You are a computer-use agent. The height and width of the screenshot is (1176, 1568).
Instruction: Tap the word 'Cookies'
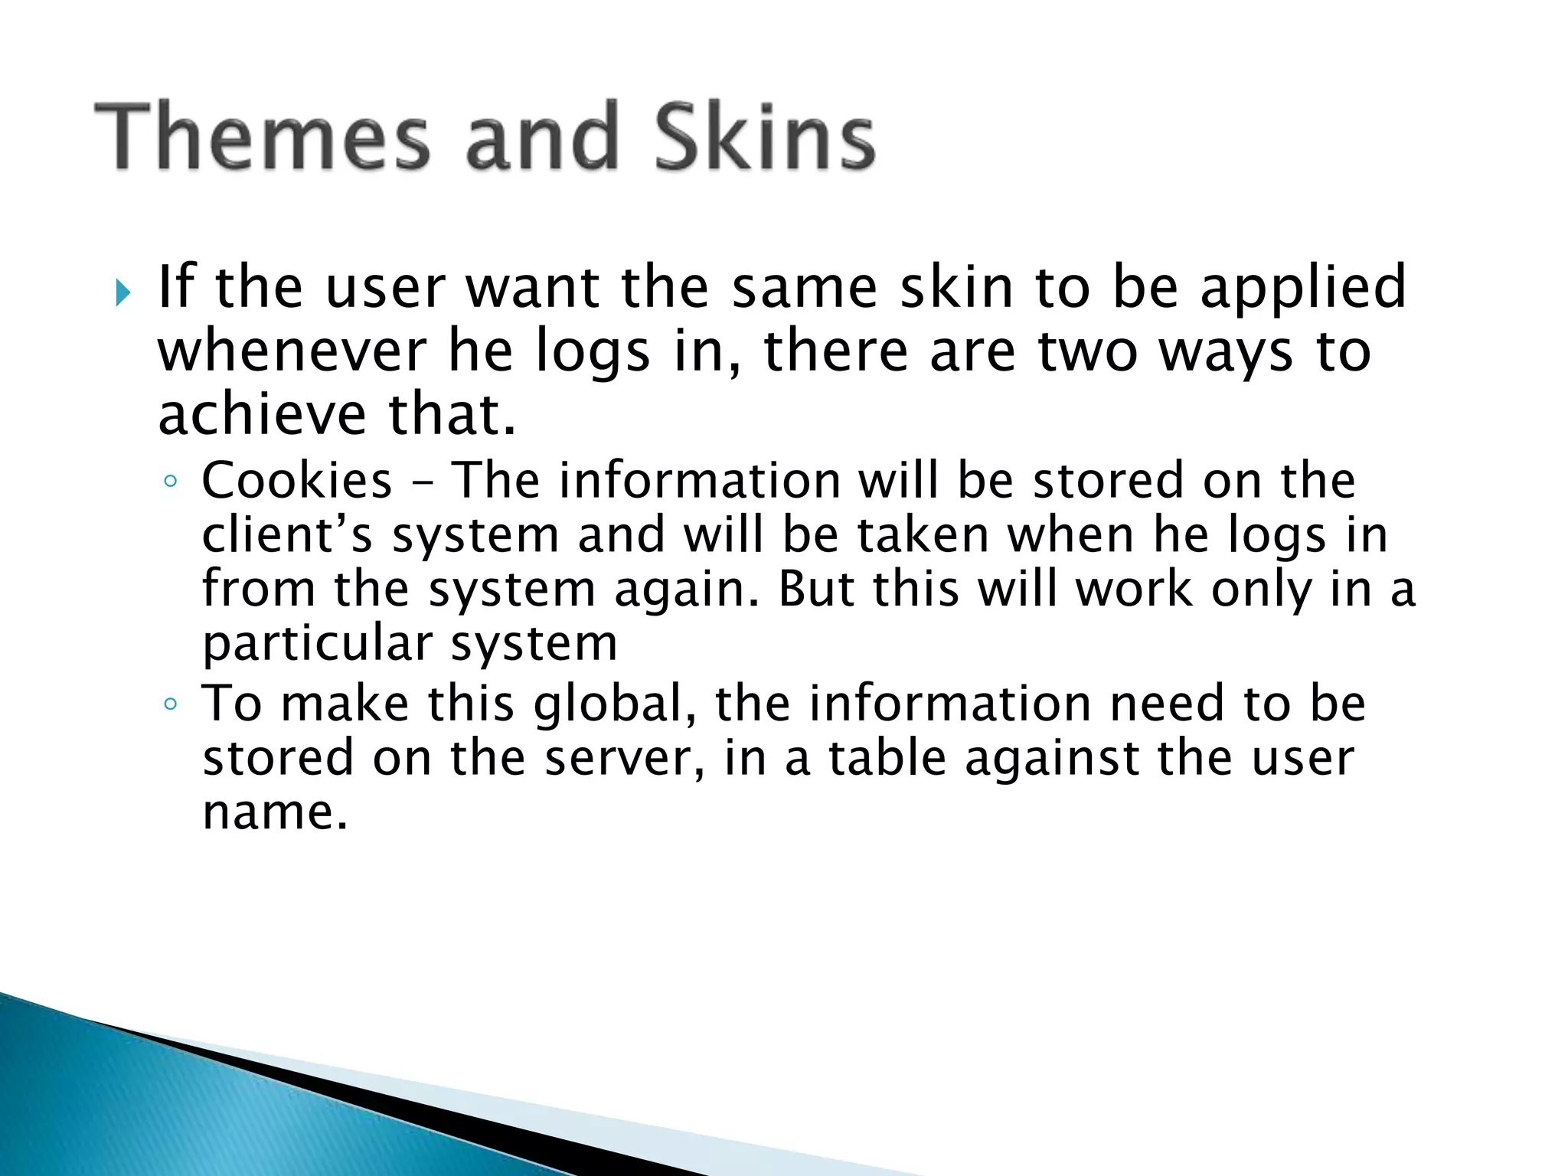[x=297, y=481]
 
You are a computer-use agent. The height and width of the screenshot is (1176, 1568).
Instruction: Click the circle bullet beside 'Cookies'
[x=171, y=482]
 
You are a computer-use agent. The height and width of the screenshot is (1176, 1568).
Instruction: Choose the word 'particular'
[x=317, y=644]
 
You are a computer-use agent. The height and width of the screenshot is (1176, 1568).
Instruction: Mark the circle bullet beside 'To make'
[x=171, y=704]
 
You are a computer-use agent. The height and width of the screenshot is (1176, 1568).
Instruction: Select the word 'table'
[x=887, y=758]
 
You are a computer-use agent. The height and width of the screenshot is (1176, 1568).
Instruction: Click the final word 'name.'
[x=275, y=812]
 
